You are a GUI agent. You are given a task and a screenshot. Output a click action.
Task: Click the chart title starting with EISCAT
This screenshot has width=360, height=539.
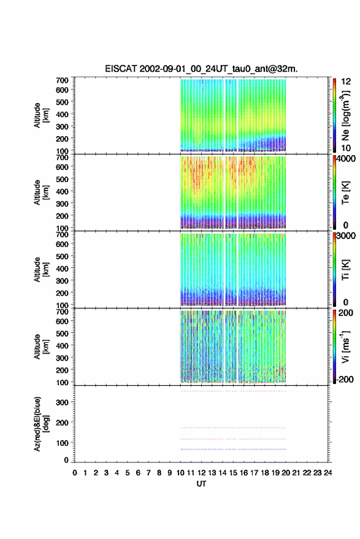coord(201,69)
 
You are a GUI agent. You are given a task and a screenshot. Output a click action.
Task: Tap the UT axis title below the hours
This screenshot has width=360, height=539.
coord(201,484)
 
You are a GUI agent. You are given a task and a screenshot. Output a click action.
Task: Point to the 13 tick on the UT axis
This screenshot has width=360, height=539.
coord(212,473)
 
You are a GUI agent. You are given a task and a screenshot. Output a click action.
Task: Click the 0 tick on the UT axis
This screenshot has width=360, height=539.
coord(75,473)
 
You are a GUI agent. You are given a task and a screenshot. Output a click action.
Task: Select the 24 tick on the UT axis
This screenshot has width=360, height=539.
coord(327,473)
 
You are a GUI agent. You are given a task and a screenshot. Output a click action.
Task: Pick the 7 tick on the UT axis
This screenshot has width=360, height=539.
coord(148,473)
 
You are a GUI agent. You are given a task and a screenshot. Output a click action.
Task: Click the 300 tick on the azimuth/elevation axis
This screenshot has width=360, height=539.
coord(62,402)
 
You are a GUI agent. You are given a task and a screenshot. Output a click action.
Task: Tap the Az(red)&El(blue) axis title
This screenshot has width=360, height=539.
coord(41,424)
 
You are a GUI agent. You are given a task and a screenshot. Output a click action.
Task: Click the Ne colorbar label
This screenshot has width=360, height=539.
coord(345,115)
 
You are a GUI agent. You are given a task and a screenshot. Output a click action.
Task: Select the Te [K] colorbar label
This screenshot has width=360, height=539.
coord(345,193)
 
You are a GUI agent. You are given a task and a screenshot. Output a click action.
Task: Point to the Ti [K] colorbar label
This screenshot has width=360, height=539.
coord(345,270)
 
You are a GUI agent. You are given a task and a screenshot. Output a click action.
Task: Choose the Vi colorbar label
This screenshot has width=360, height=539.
coord(345,346)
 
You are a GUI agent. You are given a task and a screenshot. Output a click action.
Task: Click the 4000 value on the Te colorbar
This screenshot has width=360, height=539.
coord(347,159)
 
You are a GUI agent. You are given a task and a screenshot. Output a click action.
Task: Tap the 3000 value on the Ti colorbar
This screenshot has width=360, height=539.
coord(347,236)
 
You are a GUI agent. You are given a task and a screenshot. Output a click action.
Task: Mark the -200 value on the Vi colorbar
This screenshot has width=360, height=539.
coord(345,379)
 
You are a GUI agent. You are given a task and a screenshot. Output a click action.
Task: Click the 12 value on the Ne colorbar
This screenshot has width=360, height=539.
coord(347,82)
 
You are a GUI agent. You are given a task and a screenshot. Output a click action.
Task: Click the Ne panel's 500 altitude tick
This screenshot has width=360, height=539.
coord(62,102)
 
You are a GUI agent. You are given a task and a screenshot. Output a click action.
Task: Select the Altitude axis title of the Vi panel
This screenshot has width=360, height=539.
coord(41,347)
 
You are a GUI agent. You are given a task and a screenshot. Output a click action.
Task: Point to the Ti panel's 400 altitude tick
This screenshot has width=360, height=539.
coord(62,269)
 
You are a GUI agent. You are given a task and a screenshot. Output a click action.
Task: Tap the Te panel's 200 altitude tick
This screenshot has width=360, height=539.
coord(62,216)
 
